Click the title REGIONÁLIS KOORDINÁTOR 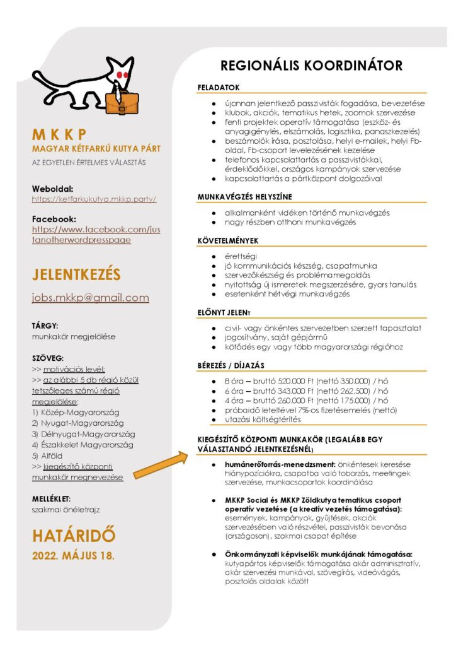click(x=311, y=66)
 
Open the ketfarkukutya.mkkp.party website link click(x=94, y=199)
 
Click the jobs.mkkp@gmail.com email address click(x=90, y=298)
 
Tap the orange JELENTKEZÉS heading click(x=76, y=275)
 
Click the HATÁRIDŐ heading click(x=74, y=536)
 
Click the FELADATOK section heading click(x=219, y=86)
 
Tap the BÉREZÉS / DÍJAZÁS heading click(x=231, y=365)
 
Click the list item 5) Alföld click(x=49, y=455)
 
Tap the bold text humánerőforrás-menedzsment click(x=273, y=464)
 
